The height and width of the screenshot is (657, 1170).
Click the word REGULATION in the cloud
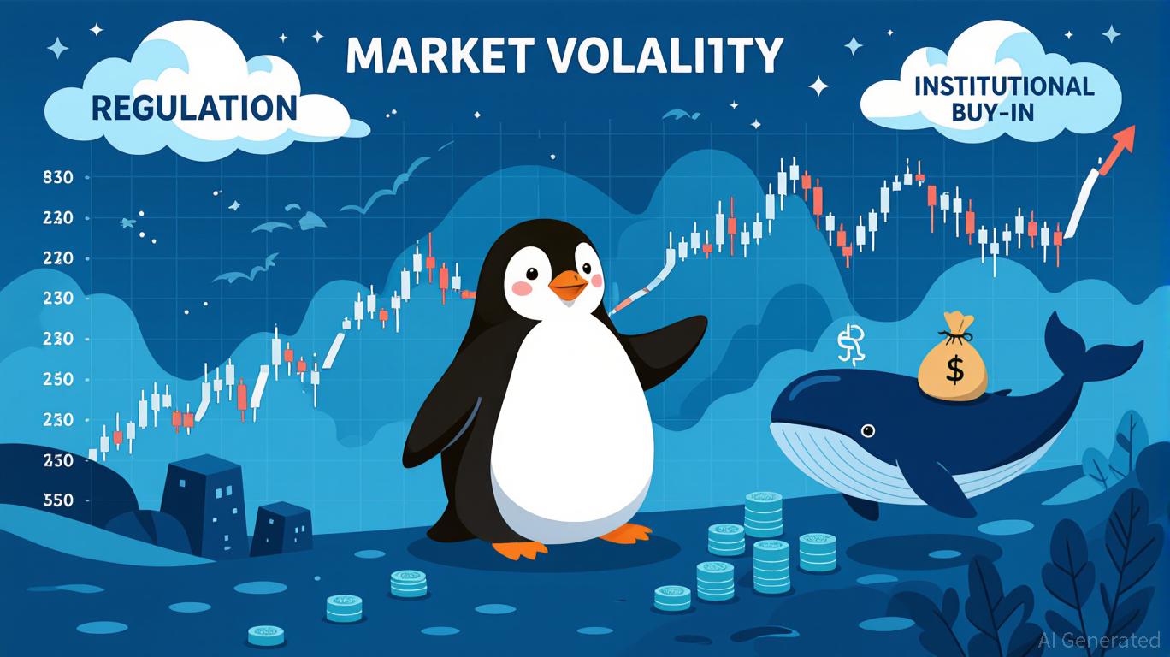[x=194, y=108]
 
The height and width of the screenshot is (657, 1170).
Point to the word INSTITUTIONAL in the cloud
[x=1002, y=86]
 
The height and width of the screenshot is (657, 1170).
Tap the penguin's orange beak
[x=567, y=285]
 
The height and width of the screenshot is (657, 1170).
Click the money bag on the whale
[x=952, y=363]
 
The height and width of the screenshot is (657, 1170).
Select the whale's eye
[x=869, y=430]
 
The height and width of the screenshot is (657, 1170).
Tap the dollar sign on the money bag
[x=954, y=370]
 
